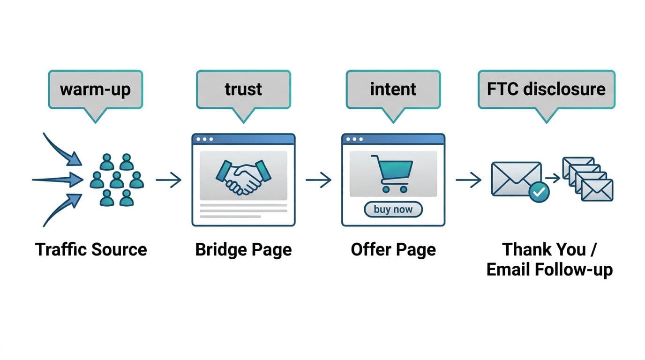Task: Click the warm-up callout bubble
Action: pyautogui.click(x=95, y=90)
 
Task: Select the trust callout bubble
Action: pyautogui.click(x=243, y=90)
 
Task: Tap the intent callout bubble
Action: pyautogui.click(x=393, y=90)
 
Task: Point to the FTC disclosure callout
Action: pyautogui.click(x=546, y=90)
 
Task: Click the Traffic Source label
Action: pyautogui.click(x=91, y=249)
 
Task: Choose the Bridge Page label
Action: pyautogui.click(x=243, y=249)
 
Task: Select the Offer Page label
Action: pyautogui.click(x=393, y=249)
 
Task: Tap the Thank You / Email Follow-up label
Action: pyautogui.click(x=549, y=260)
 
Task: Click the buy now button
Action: pyautogui.click(x=393, y=210)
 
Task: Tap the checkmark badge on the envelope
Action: pyautogui.click(x=539, y=192)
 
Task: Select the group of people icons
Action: pyautogui.click(x=116, y=180)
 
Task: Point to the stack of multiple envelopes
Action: pyautogui.click(x=587, y=179)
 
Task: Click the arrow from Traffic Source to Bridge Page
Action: pyautogui.click(x=169, y=180)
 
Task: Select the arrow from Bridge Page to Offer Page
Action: pyautogui.click(x=319, y=180)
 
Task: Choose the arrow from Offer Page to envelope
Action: pyautogui.click(x=468, y=180)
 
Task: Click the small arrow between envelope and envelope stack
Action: pyautogui.click(x=553, y=178)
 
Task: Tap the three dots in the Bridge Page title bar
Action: pyautogui.click(x=205, y=139)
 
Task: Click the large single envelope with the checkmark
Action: pyautogui.click(x=515, y=178)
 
